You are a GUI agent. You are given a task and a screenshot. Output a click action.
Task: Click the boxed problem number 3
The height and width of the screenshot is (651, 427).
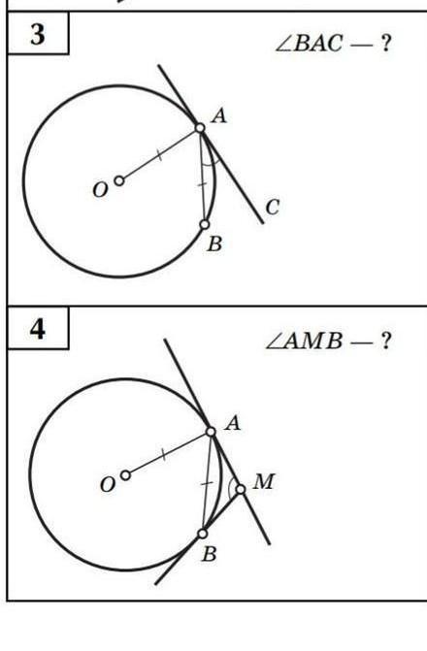point(38,35)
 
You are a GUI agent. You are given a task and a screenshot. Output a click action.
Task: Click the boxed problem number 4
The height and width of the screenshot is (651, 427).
point(38,329)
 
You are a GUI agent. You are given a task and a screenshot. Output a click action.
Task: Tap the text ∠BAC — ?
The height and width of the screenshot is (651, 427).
point(334,44)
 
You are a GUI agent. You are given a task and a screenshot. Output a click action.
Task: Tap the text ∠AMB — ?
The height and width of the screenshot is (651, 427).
point(328,342)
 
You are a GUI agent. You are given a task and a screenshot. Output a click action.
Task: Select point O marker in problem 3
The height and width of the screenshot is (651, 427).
point(119,181)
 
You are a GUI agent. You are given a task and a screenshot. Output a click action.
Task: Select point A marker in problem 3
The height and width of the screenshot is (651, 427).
point(200,128)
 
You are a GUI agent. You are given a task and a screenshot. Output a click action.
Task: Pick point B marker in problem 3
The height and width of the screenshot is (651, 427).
point(205,225)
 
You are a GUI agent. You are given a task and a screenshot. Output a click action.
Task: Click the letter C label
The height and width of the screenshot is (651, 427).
point(273,208)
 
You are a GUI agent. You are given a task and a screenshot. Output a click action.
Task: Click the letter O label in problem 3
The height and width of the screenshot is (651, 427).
point(100,190)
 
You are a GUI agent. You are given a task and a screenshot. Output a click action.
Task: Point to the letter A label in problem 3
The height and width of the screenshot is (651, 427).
point(219,115)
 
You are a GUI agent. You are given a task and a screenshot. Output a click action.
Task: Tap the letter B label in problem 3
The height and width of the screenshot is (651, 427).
point(214,244)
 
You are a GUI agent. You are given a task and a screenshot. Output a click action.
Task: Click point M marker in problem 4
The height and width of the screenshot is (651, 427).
point(241,490)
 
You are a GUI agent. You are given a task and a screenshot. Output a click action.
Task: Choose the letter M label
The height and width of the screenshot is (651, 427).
point(264,481)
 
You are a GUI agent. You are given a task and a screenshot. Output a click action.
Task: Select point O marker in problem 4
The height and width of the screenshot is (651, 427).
point(125,475)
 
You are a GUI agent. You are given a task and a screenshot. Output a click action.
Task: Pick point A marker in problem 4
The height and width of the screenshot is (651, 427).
point(211,432)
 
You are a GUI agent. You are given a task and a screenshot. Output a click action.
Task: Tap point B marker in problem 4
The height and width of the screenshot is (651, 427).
point(203,534)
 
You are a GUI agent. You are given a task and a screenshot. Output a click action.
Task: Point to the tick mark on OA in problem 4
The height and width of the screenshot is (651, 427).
point(164,455)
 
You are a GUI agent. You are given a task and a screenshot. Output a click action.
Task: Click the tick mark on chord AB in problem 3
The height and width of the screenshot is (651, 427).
point(202,184)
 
